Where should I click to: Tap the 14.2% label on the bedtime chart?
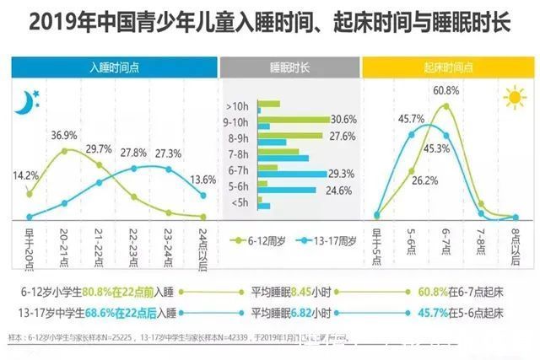coord(24,176)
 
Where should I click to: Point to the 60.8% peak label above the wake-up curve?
coord(446,90)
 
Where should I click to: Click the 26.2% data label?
coord(425,180)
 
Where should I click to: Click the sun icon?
coord(514,99)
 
